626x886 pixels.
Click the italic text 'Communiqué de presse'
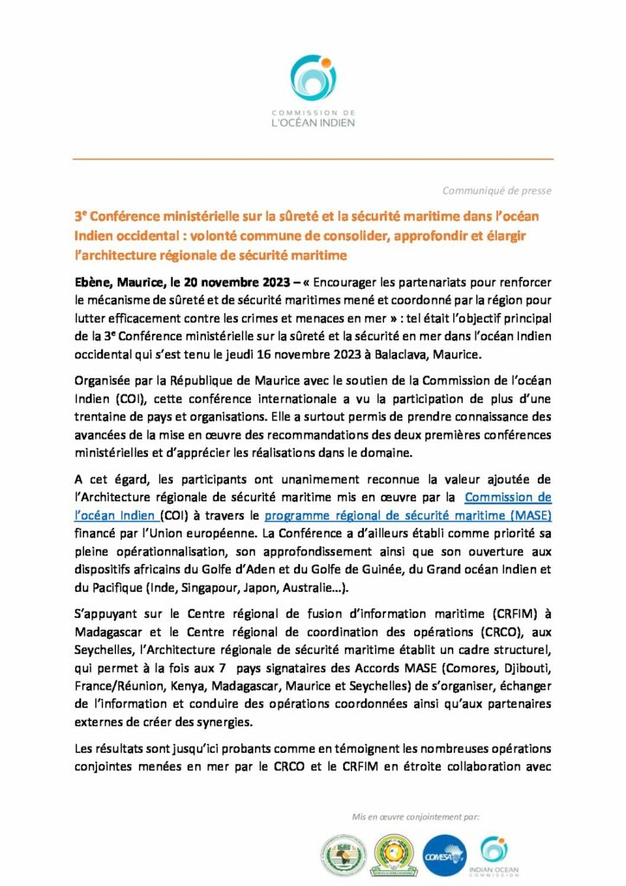click(x=496, y=190)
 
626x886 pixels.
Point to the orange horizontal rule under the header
click(x=312, y=159)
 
